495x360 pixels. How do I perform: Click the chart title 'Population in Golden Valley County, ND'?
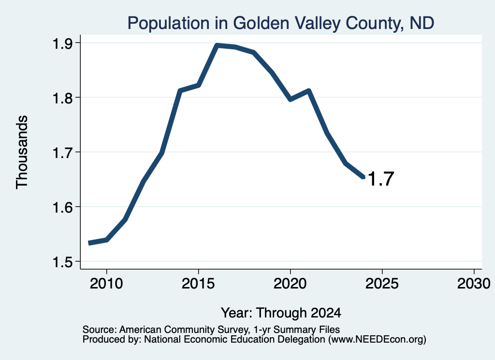coord(281,23)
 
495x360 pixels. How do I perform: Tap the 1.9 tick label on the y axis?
coord(62,43)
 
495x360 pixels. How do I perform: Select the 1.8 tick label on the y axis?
coord(62,98)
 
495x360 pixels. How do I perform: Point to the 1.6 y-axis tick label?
coord(62,208)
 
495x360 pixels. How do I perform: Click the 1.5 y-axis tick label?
coord(62,262)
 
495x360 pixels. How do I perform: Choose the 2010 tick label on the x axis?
coord(106,284)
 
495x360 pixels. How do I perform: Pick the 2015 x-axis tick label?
coord(198,284)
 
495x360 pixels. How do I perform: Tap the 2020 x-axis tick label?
coord(290,284)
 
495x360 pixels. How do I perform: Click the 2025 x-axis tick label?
coord(382,284)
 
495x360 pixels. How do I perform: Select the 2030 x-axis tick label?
coord(474,284)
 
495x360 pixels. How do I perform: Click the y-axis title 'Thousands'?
coord(22,152)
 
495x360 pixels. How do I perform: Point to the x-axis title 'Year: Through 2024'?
coord(281,313)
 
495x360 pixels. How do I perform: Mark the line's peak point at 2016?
coord(217,46)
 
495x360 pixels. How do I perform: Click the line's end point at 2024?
coord(364,177)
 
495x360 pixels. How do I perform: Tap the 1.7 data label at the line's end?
coord(381,179)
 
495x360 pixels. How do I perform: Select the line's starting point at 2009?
coord(89,243)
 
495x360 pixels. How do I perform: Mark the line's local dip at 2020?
coord(290,100)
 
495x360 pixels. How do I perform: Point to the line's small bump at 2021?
coord(309,91)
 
